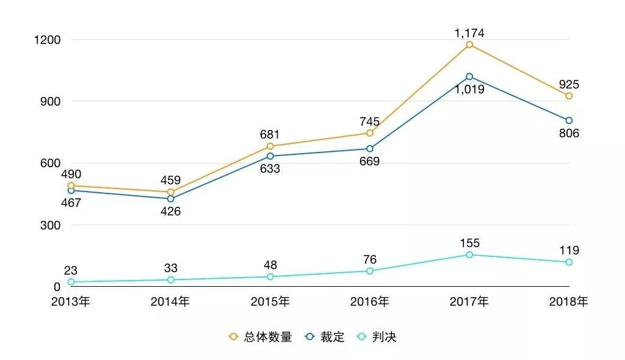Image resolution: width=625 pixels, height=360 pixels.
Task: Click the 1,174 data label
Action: click(469, 33)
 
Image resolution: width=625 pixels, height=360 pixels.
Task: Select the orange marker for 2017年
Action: click(469, 45)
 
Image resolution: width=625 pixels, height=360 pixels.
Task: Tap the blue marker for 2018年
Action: click(569, 120)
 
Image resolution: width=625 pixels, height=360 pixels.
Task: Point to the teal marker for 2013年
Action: click(71, 282)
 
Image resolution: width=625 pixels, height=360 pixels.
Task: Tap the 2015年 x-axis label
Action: click(270, 301)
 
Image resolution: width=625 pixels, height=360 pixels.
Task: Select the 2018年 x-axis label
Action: click(569, 301)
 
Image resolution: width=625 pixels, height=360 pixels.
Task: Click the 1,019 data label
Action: click(469, 89)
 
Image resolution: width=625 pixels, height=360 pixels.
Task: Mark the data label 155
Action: click(469, 243)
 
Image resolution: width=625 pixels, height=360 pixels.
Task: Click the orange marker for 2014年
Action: click(170, 192)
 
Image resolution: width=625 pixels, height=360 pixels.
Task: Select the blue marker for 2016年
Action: click(370, 149)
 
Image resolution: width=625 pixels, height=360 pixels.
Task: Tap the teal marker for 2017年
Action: click(469, 254)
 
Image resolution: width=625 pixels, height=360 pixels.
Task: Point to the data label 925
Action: click(569, 85)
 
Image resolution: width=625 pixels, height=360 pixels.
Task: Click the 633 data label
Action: click(270, 168)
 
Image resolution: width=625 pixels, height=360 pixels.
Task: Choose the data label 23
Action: click(71, 270)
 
